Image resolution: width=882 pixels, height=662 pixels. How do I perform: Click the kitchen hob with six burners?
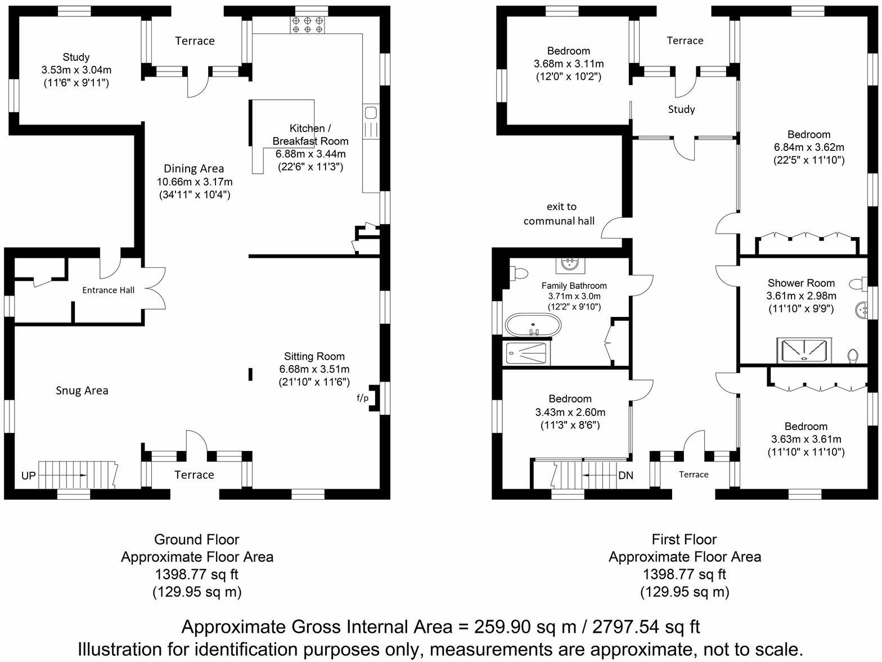(308, 24)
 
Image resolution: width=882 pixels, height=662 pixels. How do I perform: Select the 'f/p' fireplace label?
(363, 398)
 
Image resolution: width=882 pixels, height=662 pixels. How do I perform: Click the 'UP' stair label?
(28, 476)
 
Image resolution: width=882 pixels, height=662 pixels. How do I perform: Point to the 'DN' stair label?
(625, 475)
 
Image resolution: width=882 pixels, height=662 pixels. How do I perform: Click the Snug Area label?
(82, 391)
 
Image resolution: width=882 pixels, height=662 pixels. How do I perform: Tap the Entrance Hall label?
(109, 290)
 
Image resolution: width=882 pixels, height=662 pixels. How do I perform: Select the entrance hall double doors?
(155, 288)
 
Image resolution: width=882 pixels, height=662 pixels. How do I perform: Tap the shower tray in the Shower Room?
(803, 350)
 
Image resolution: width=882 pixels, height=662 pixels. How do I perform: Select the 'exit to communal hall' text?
(559, 214)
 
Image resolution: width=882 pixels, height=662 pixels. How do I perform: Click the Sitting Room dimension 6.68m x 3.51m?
(314, 369)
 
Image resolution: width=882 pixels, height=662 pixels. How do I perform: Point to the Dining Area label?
(193, 168)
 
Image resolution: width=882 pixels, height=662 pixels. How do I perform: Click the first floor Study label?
(681, 109)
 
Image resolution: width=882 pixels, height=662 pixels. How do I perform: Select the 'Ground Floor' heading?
(197, 539)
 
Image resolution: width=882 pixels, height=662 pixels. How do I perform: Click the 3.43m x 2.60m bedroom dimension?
(570, 412)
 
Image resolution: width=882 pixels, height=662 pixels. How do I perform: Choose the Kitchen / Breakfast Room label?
(310, 135)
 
